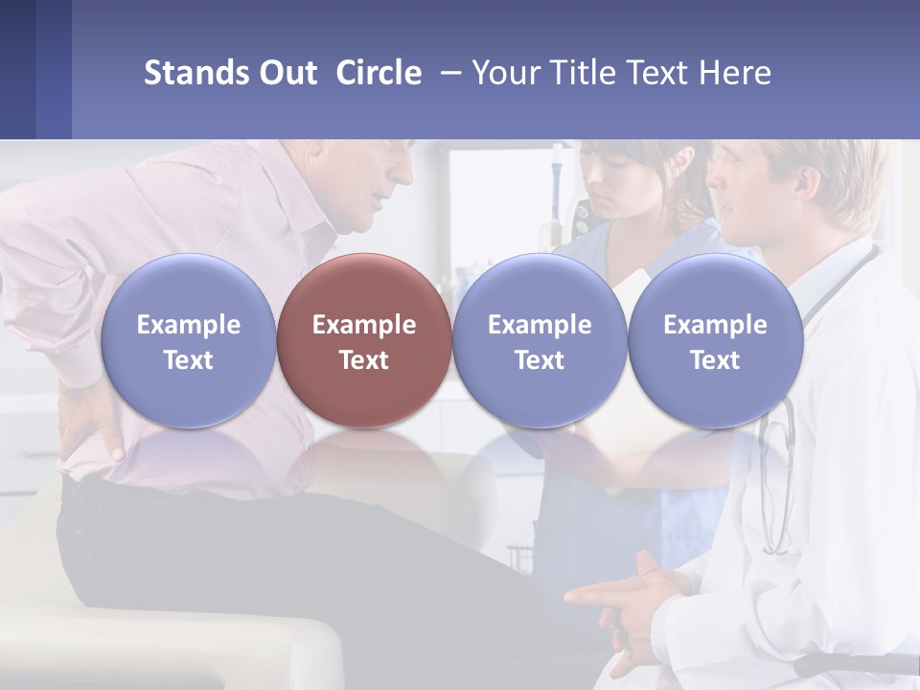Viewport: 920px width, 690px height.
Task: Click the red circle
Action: tap(364, 340)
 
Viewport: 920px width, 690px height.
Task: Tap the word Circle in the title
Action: tap(379, 73)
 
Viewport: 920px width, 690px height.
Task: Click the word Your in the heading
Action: tap(506, 73)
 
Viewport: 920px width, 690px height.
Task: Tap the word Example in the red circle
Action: tap(364, 325)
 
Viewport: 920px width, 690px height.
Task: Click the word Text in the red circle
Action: tap(364, 360)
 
